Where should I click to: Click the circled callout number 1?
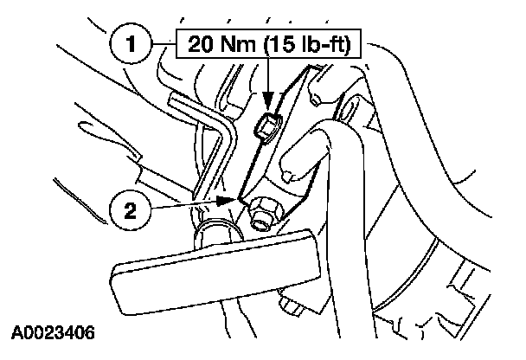(x=131, y=43)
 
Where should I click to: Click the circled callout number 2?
(x=130, y=210)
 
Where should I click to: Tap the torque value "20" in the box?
(x=201, y=44)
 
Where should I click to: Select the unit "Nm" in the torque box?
(x=238, y=44)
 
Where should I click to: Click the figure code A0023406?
(x=53, y=332)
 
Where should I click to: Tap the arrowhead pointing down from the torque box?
(x=267, y=100)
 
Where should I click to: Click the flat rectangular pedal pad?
(x=215, y=272)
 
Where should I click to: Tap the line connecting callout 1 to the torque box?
(x=164, y=43)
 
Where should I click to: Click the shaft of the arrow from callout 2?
(x=184, y=204)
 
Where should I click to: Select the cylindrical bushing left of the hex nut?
(x=216, y=233)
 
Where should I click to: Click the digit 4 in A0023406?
(x=71, y=332)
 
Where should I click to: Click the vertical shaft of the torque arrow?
(x=267, y=74)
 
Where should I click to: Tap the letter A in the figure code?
(x=17, y=332)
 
